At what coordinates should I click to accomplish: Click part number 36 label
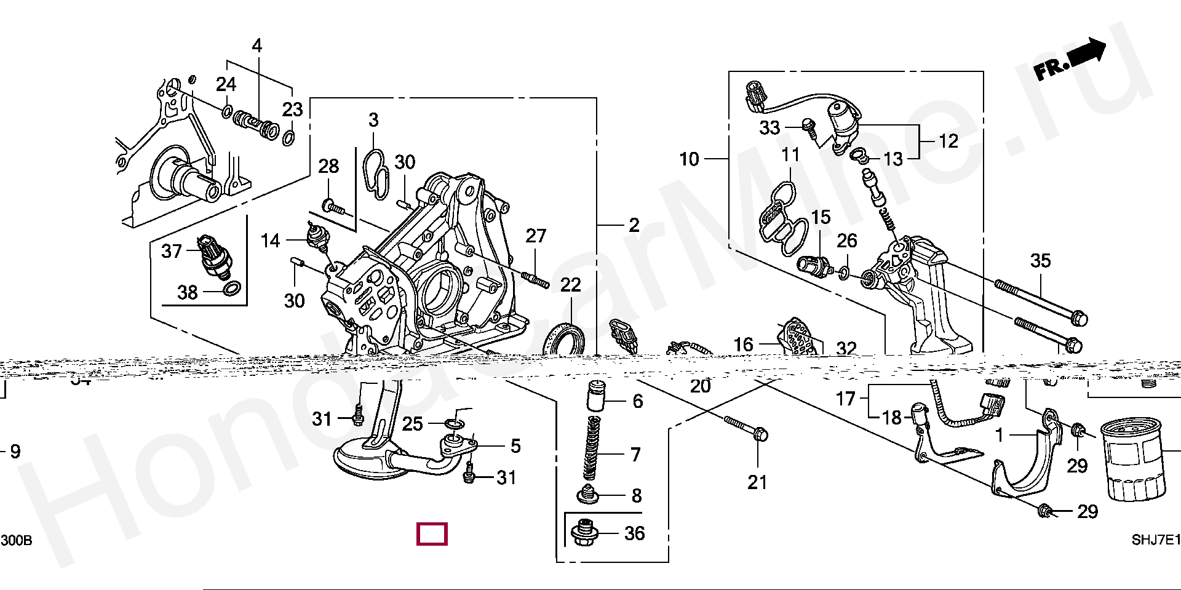pyautogui.click(x=634, y=533)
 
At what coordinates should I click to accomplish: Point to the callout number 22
pyautogui.click(x=570, y=285)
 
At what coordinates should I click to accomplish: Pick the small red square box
pyautogui.click(x=432, y=534)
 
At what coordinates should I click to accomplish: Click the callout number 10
pyautogui.click(x=689, y=159)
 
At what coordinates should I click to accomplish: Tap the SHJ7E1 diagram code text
pyautogui.click(x=1156, y=540)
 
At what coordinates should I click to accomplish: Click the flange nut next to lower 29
pyautogui.click(x=1044, y=510)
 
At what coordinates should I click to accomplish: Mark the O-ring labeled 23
pyautogui.click(x=288, y=137)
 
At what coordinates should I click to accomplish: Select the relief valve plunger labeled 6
pyautogui.click(x=595, y=396)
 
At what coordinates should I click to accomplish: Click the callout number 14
pyautogui.click(x=270, y=241)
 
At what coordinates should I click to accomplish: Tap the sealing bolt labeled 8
pyautogui.click(x=587, y=494)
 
